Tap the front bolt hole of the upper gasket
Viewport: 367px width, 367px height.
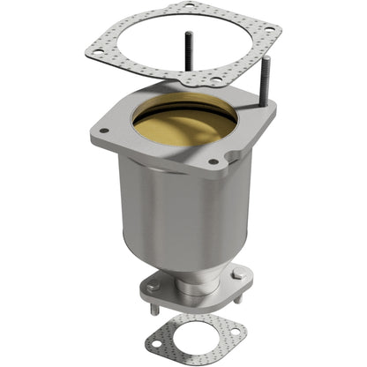[x=216, y=80]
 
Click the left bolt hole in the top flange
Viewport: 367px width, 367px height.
[x=105, y=131]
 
